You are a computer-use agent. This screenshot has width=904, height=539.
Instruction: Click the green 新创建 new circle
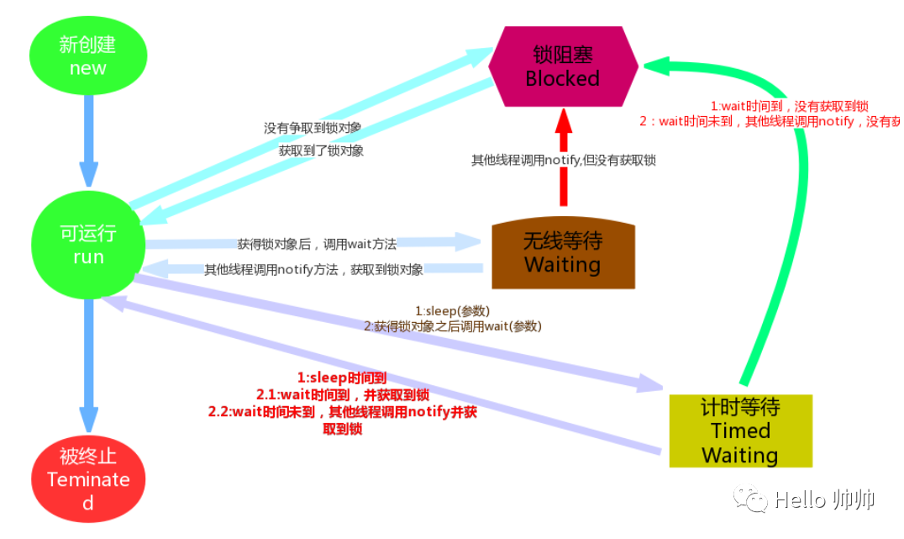coord(88,56)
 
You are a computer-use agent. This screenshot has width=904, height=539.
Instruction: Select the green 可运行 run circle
coord(87,246)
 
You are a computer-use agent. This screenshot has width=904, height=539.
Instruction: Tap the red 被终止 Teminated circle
coord(88,479)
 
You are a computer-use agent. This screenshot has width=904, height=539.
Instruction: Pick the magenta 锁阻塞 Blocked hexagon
coord(563,66)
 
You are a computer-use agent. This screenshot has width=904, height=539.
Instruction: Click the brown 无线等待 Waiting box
coord(563,253)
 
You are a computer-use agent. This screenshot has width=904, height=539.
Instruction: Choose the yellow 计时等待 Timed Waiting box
coord(740,431)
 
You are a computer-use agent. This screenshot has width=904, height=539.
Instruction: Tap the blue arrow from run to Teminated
coord(88,362)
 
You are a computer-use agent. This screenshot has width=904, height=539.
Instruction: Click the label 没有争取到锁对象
coord(313,129)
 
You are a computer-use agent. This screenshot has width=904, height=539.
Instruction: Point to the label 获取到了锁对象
coord(322,151)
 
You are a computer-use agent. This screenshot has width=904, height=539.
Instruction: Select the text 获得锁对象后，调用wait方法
coord(317,244)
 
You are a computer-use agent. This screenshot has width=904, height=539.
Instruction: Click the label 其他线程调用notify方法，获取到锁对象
coord(313,270)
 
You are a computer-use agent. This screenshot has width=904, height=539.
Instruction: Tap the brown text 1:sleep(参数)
coord(452,310)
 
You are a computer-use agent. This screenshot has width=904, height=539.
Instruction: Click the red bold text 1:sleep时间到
coord(342,378)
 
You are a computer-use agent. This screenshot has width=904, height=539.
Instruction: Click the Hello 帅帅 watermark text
coord(824,499)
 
